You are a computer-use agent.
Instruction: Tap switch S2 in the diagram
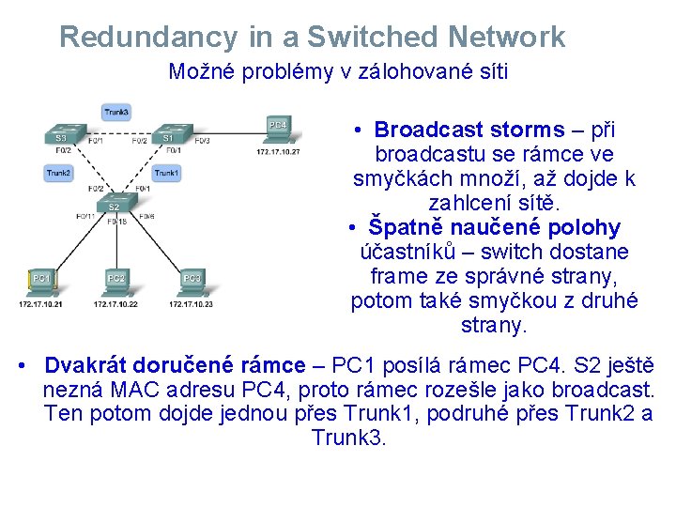coord(114,206)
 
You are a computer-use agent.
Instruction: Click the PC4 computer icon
coord(278,127)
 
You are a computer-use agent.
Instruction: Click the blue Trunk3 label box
coord(116,112)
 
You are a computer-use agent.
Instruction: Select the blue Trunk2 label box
coord(58,173)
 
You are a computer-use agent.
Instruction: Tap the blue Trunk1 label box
coord(166,173)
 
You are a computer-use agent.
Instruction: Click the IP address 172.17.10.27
coord(278,151)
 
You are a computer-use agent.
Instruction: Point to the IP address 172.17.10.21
coord(40,303)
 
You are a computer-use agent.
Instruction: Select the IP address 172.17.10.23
coord(192,303)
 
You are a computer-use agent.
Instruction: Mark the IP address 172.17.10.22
coord(116,303)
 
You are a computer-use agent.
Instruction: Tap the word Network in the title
coord(507,38)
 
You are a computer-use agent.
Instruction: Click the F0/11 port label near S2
coord(85,217)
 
